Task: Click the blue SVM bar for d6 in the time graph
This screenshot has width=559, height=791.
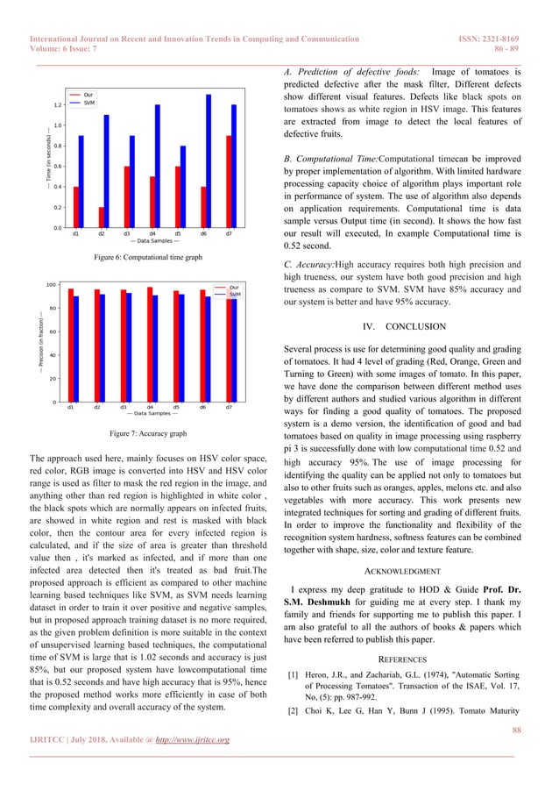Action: pyautogui.click(x=209, y=162)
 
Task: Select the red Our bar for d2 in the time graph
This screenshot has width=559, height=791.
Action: pyautogui.click(x=101, y=217)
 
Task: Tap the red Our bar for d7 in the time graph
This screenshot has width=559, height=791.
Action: pyautogui.click(x=230, y=182)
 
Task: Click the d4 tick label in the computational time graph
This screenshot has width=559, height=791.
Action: pyautogui.click(x=152, y=234)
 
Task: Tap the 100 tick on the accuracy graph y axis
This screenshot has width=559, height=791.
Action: pyautogui.click(x=52, y=285)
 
